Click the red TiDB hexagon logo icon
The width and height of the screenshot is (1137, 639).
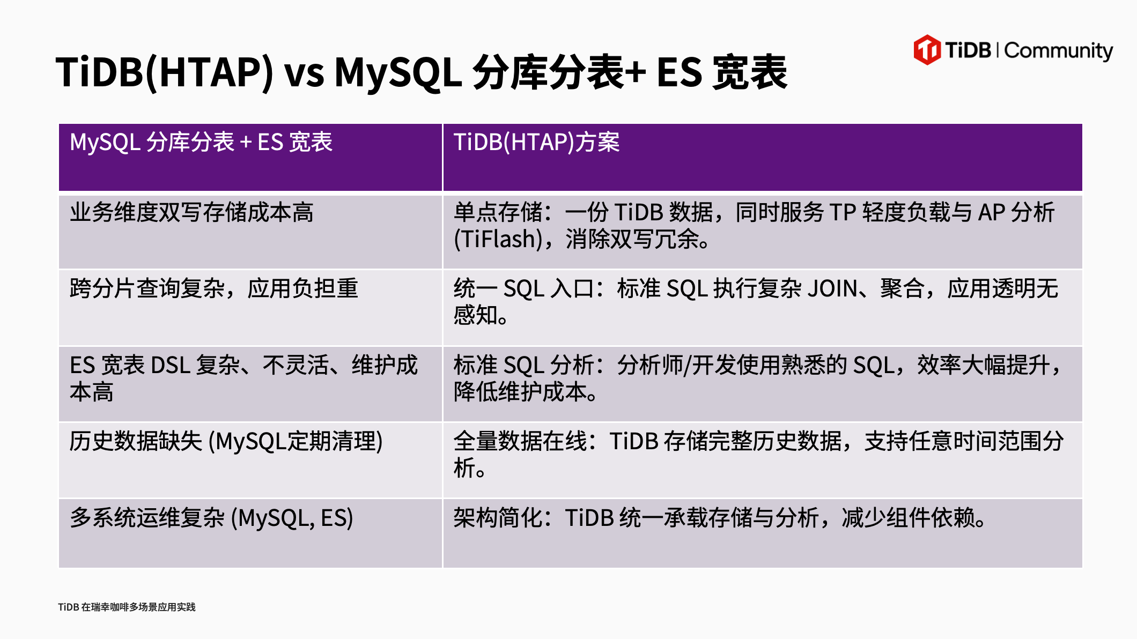927,50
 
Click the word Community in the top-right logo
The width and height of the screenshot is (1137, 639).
1058,51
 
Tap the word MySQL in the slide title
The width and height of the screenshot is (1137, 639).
397,72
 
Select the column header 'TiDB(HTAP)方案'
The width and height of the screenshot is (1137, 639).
536,142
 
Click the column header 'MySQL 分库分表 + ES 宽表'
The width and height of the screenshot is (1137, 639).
201,142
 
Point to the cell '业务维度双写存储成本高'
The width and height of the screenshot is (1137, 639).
191,212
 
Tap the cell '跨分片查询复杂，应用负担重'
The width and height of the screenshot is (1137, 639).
213,288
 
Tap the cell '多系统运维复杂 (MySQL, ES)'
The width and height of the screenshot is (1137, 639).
211,518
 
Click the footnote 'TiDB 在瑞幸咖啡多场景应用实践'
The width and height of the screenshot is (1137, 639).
127,607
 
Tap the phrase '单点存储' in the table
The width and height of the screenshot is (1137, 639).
498,212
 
